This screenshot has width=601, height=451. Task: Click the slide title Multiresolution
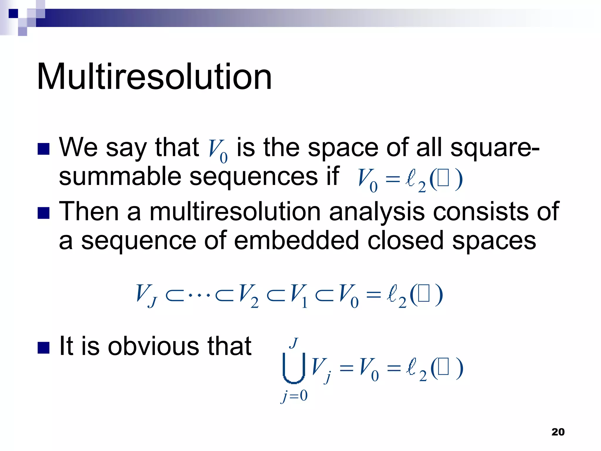click(x=154, y=77)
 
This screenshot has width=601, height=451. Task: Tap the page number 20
click(x=558, y=432)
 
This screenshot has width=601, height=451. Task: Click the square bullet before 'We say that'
click(x=43, y=149)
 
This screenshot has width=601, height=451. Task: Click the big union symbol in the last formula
click(x=293, y=368)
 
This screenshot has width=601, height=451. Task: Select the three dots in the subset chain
click(x=199, y=295)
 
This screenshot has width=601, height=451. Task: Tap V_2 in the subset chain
click(x=248, y=295)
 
